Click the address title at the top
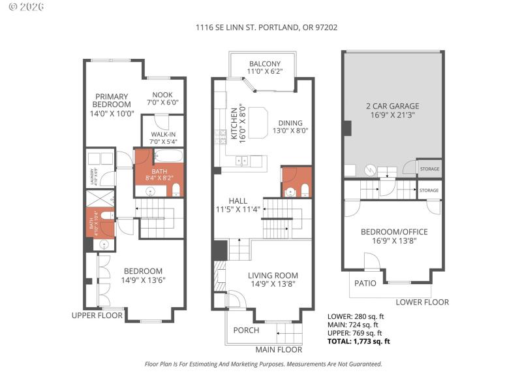(266, 27)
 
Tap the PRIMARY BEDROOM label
(112, 104)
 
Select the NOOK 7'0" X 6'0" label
(162, 98)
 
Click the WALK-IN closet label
(162, 138)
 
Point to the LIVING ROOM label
(273, 280)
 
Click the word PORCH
(246, 330)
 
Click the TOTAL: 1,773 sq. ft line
(358, 341)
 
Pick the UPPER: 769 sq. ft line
(352, 333)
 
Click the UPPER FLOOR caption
(97, 316)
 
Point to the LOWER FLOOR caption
(422, 302)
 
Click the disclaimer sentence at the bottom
(263, 365)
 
